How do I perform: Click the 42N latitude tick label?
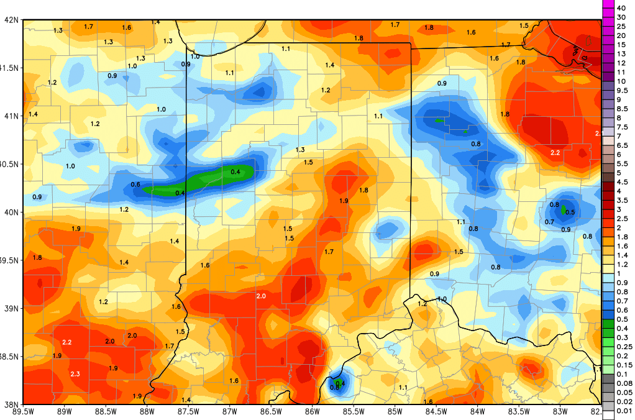click(x=11, y=19)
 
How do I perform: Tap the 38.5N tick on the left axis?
click(x=11, y=356)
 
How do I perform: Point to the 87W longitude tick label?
click(x=229, y=411)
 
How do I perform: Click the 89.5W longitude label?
click(x=23, y=411)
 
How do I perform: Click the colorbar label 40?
click(x=620, y=7)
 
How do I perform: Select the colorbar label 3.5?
click(x=622, y=200)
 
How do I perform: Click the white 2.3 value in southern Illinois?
click(x=75, y=374)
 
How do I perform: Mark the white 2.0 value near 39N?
click(x=261, y=296)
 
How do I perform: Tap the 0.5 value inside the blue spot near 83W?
click(x=569, y=212)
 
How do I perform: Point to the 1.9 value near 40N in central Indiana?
click(x=344, y=201)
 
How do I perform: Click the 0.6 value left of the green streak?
click(x=135, y=185)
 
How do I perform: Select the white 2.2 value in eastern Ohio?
click(x=555, y=152)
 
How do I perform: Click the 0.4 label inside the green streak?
click(x=235, y=171)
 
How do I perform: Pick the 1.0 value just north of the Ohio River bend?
click(x=442, y=299)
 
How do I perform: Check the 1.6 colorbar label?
click(x=622, y=246)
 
